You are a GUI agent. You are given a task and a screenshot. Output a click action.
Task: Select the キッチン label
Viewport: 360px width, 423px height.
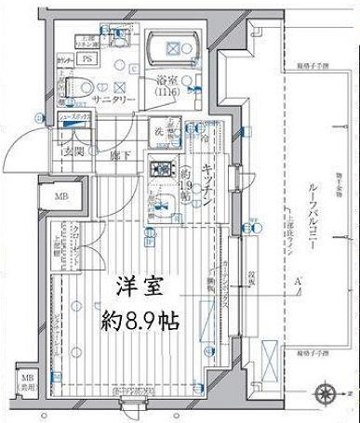pos(210,185)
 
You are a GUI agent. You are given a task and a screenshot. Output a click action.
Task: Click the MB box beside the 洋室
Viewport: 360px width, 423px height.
pos(60,196)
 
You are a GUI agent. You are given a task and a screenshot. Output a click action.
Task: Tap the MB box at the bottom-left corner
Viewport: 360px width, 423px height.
pos(27,382)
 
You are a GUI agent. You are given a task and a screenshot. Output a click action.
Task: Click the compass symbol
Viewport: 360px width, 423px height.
pos(327,390)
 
